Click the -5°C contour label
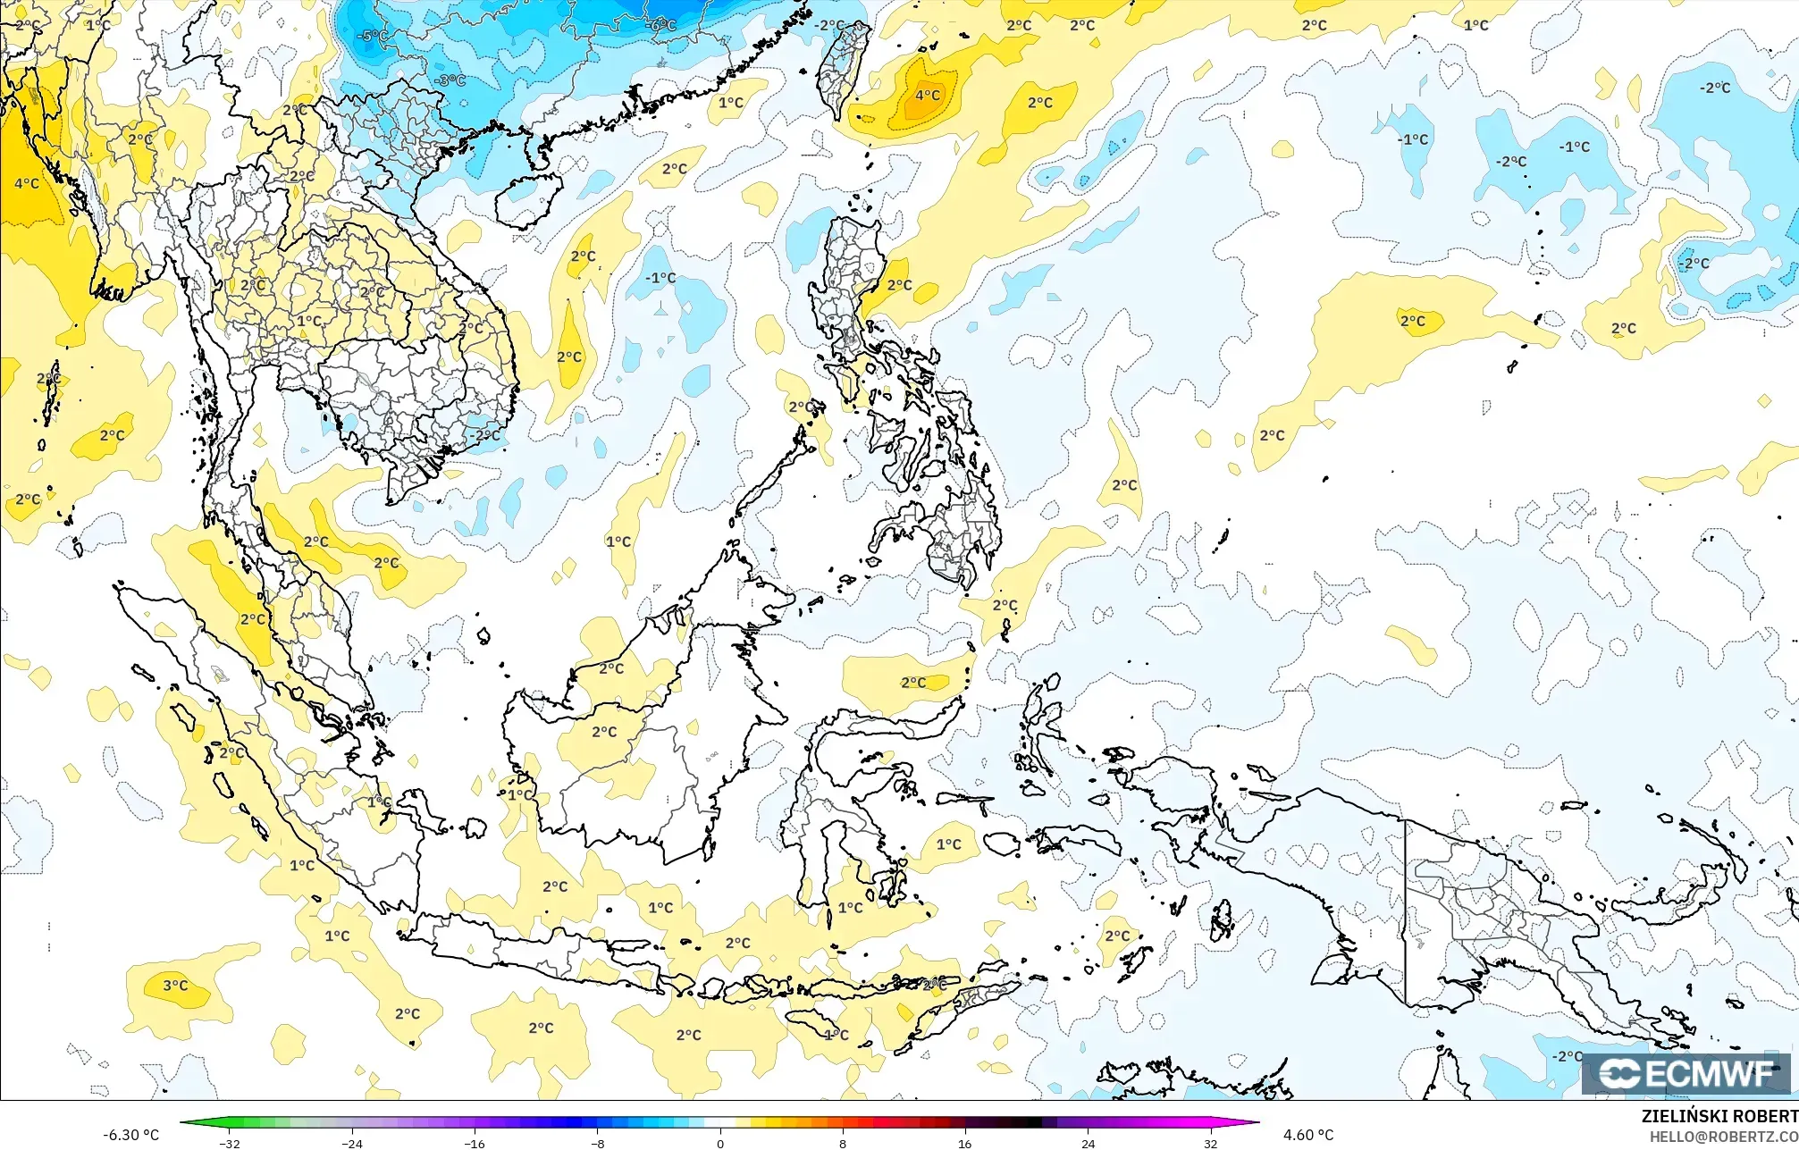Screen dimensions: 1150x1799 [373, 37]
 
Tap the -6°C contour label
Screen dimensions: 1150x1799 [661, 25]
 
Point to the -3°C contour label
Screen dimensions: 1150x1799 [450, 80]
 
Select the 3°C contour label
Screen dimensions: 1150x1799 [175, 986]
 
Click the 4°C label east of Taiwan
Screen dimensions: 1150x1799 [928, 95]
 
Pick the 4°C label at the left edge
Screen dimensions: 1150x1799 [27, 183]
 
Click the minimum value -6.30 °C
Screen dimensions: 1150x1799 [130, 1135]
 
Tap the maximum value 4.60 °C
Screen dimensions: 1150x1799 [1308, 1135]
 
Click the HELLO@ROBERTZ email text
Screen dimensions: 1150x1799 [1723, 1137]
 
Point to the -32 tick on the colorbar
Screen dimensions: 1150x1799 [230, 1143]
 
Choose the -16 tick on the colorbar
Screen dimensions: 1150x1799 [475, 1143]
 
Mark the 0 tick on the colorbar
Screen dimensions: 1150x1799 [720, 1143]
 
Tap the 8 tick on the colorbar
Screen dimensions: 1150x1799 [843, 1143]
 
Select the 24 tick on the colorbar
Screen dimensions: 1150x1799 [1088, 1143]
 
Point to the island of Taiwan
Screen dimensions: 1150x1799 [843, 67]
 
